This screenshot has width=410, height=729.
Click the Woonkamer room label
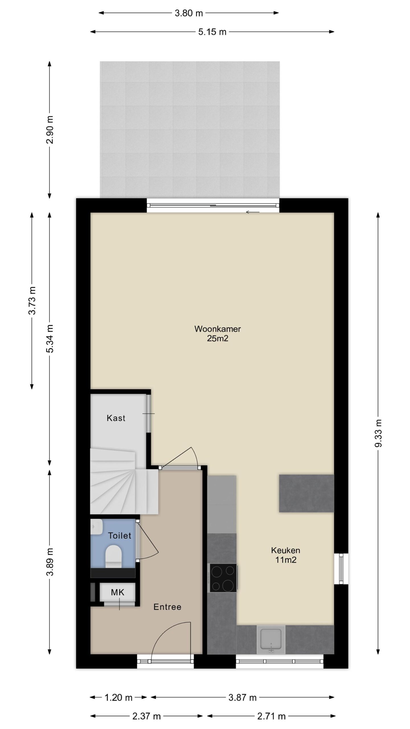click(218, 329)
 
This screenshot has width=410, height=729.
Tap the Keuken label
click(286, 550)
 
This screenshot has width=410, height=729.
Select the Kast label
click(116, 418)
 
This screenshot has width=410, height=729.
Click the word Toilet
click(120, 536)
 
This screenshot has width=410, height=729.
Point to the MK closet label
click(118, 593)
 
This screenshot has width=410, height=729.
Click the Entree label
click(167, 607)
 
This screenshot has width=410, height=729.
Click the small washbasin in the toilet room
click(97, 527)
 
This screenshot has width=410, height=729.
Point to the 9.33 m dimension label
click(378, 433)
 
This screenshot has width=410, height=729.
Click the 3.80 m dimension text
click(189, 13)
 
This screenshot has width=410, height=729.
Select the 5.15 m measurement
click(212, 32)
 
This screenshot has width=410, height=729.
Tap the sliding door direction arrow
click(253, 212)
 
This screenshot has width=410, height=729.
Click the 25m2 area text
click(218, 339)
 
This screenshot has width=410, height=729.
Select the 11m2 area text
click(286, 560)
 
